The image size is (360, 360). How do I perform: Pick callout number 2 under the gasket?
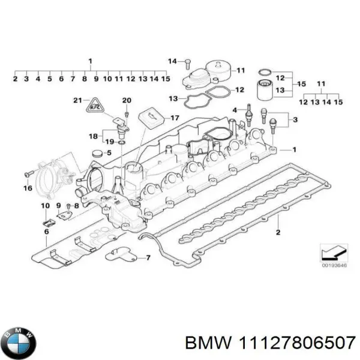[278, 232]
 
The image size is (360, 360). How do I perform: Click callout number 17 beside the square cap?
[175, 117]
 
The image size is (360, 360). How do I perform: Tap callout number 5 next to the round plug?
[109, 153]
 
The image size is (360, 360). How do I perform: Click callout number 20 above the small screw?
[127, 100]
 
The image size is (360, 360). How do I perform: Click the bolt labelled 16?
[28, 175]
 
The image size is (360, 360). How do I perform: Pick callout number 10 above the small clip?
[45, 206]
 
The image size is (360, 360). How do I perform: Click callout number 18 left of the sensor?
[93, 136]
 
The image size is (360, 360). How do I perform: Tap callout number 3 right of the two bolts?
[294, 121]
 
